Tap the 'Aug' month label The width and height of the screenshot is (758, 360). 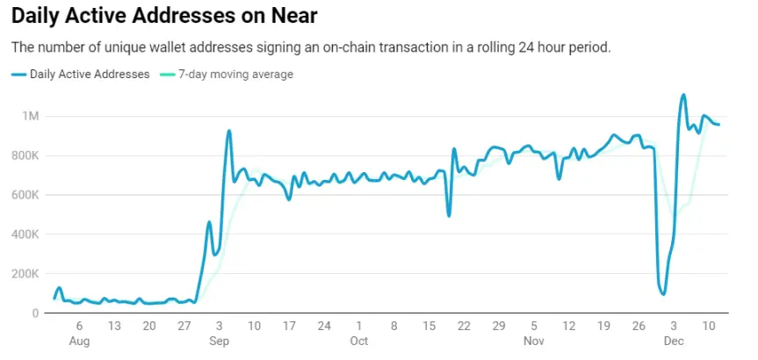click(x=79, y=341)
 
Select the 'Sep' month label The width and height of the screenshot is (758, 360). click(x=219, y=341)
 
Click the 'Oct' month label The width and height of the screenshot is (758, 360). click(x=358, y=341)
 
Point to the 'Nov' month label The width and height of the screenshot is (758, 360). click(x=533, y=341)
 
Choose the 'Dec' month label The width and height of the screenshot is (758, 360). click(x=674, y=341)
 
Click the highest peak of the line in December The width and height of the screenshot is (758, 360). click(x=683, y=95)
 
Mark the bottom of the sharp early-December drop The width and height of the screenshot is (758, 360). click(x=663, y=294)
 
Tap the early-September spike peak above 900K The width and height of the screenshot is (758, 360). click(x=229, y=131)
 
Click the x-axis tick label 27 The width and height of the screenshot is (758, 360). click(x=184, y=327)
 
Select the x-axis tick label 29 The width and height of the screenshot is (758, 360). click(x=498, y=327)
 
